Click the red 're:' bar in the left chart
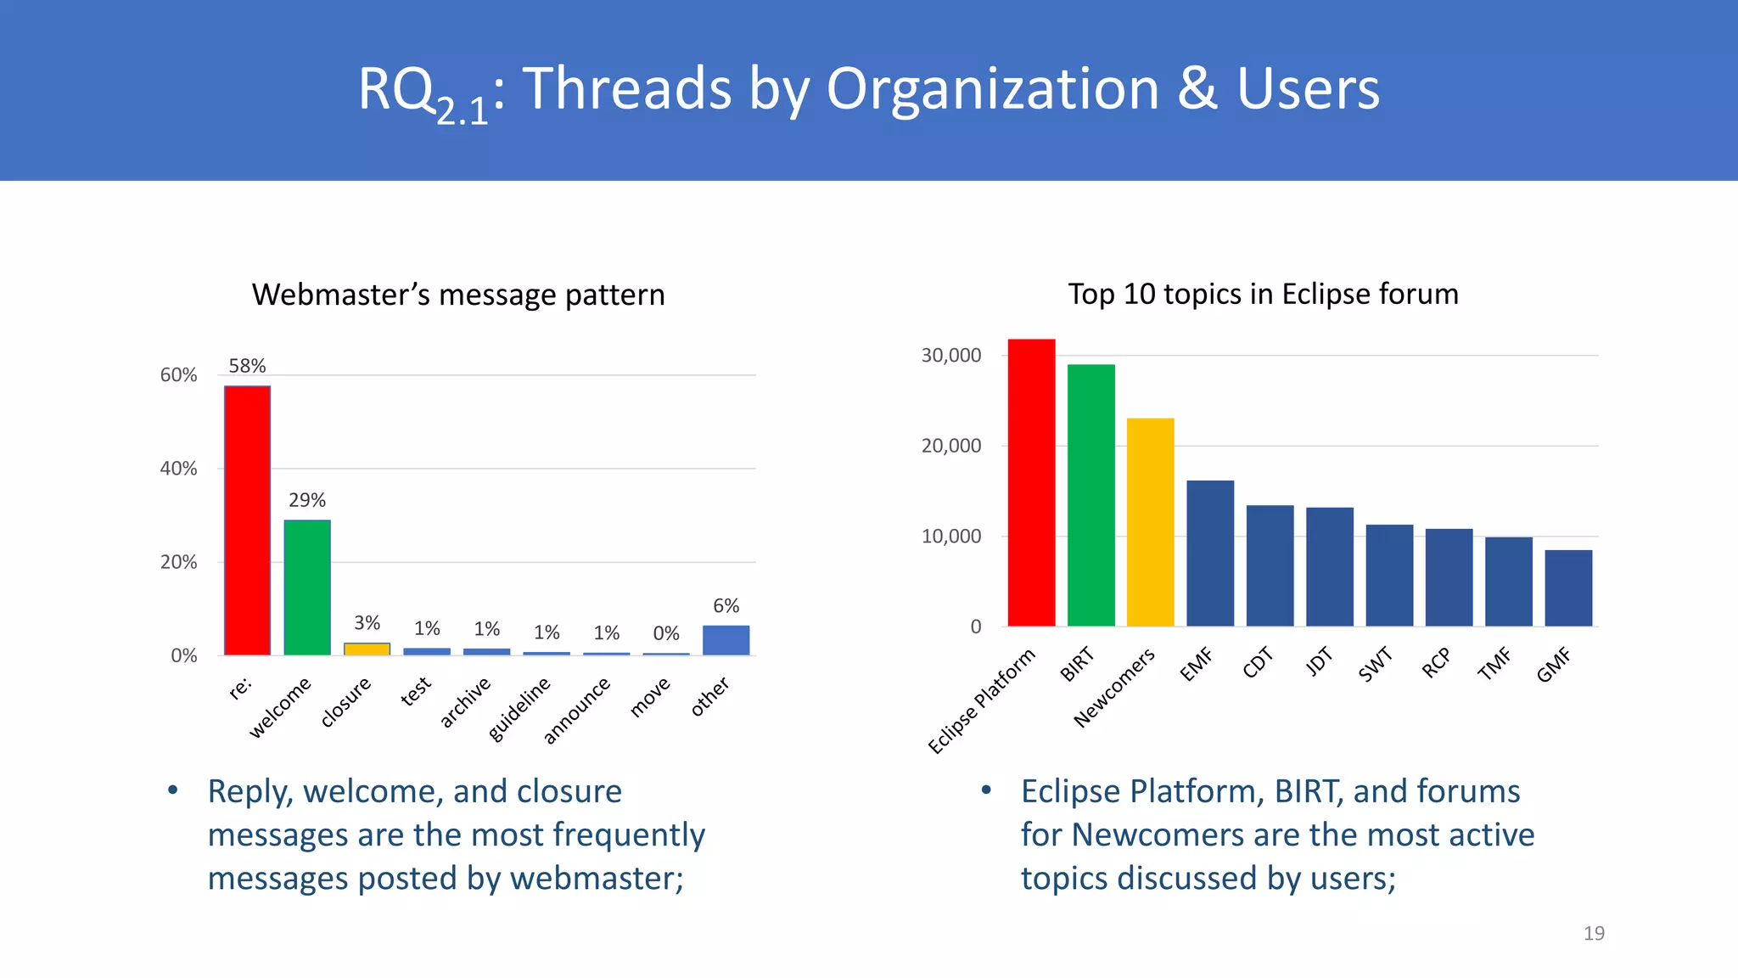(x=247, y=520)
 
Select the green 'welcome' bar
(x=307, y=587)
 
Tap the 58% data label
(x=247, y=366)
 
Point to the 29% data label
(x=307, y=500)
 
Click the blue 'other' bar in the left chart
(x=726, y=640)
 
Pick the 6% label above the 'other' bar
(x=726, y=605)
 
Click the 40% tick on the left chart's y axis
(x=178, y=469)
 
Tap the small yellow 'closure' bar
(x=367, y=649)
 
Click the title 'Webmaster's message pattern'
(x=458, y=295)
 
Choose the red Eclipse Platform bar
(x=1031, y=482)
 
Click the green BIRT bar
(x=1090, y=495)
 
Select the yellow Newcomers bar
(x=1150, y=522)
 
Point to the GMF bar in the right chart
(x=1568, y=587)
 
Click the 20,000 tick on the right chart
(x=950, y=446)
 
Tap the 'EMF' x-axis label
(x=1197, y=664)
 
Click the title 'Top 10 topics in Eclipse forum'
(x=1263, y=294)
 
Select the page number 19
(x=1594, y=933)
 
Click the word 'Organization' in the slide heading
(x=992, y=88)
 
